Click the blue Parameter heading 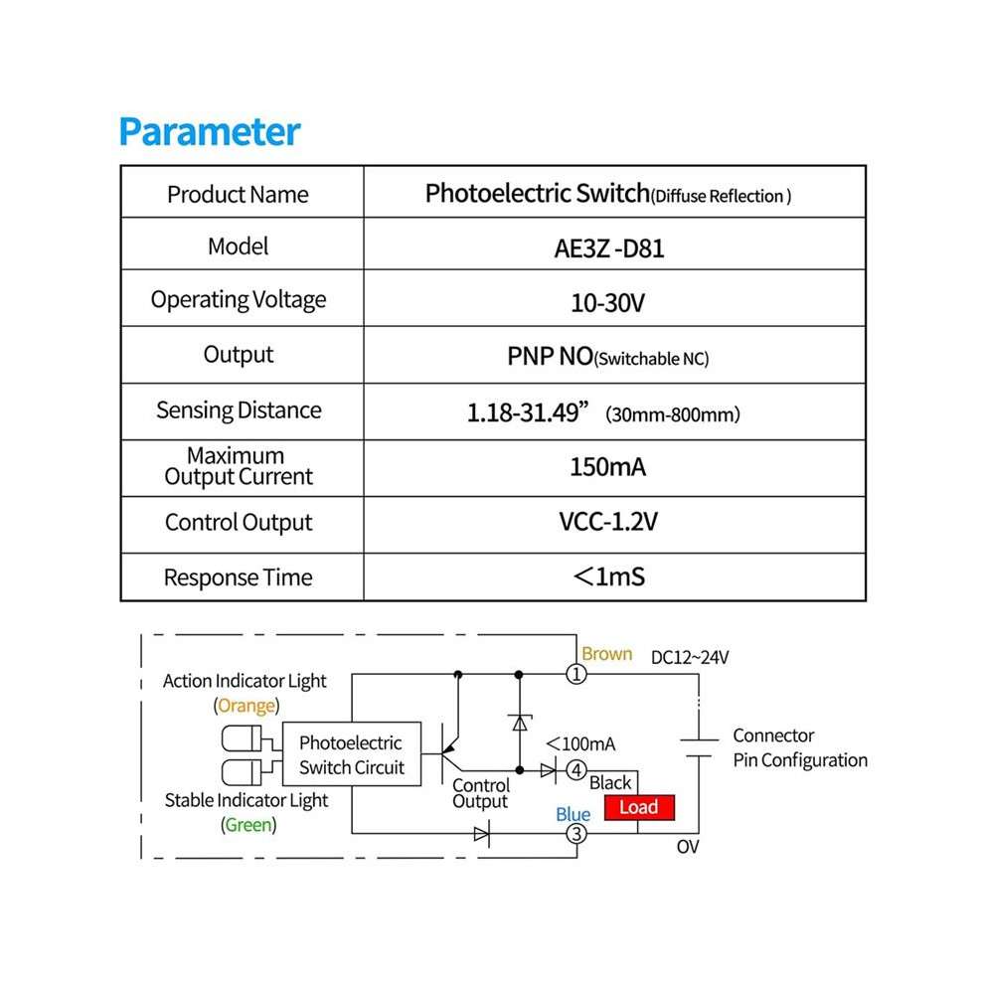click(x=210, y=133)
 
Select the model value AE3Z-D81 click(x=608, y=249)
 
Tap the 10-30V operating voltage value click(x=607, y=303)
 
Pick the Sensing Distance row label click(x=239, y=410)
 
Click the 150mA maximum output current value click(x=607, y=467)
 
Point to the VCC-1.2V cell click(x=608, y=522)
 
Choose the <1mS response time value click(x=608, y=576)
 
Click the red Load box click(x=639, y=807)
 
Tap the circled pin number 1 click(x=576, y=675)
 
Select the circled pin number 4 click(x=576, y=770)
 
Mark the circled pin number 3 click(x=576, y=834)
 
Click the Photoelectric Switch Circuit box click(x=352, y=754)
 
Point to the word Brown click(x=607, y=654)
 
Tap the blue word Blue click(x=573, y=815)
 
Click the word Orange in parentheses click(x=246, y=706)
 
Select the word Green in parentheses click(x=248, y=825)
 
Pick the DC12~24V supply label click(x=690, y=658)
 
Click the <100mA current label click(x=580, y=744)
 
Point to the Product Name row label click(x=238, y=195)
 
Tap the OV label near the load click(x=688, y=847)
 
